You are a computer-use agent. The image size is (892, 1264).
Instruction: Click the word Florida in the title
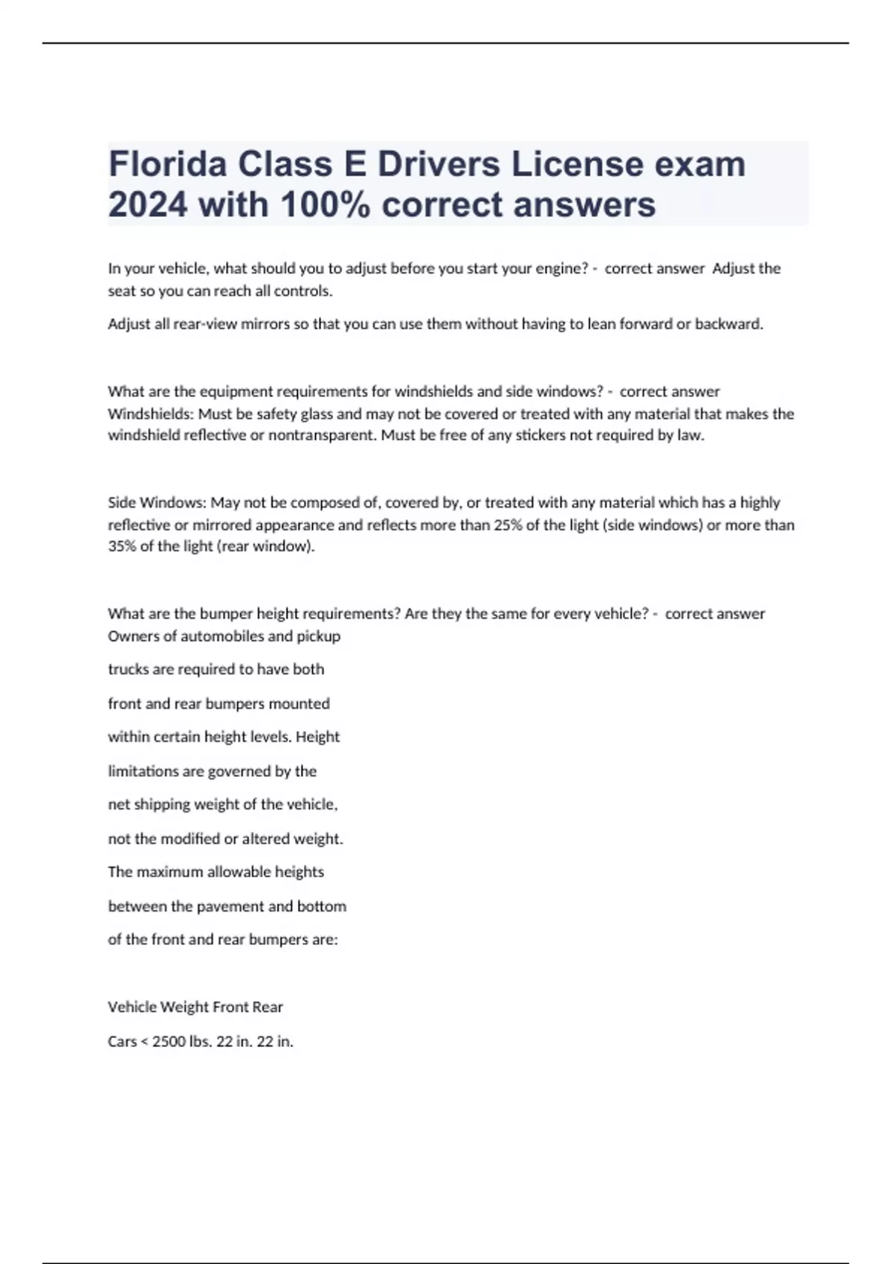pyautogui.click(x=168, y=164)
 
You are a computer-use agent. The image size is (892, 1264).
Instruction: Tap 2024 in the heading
pyautogui.click(x=148, y=204)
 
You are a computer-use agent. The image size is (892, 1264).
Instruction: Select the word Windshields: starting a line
pyautogui.click(x=151, y=413)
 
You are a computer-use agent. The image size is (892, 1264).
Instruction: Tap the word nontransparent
pyautogui.click(x=322, y=435)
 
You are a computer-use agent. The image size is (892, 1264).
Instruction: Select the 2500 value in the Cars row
pyautogui.click(x=169, y=1042)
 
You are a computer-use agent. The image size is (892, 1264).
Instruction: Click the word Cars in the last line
pyautogui.click(x=122, y=1042)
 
